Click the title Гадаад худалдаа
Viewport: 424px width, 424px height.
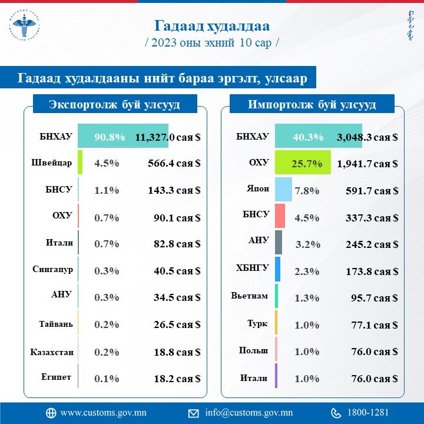pyautogui.click(x=211, y=26)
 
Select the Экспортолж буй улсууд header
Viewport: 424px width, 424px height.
pyautogui.click(x=114, y=105)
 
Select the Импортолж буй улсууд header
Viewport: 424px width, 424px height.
pyautogui.click(x=312, y=105)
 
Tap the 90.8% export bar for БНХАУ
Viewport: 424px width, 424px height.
pyautogui.click(x=122, y=137)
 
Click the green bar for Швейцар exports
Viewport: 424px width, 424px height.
pyautogui.click(x=79, y=163)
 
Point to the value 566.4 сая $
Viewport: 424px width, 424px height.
pyautogui.click(x=174, y=163)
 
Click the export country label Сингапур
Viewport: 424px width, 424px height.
pyautogui.click(x=53, y=269)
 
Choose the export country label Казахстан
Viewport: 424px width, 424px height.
pyautogui.click(x=52, y=352)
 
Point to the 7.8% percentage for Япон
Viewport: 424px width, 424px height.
pyautogui.click(x=306, y=190)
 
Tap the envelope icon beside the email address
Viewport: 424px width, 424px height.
pyautogui.click(x=193, y=413)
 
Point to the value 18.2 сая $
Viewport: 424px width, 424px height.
pyautogui.click(x=174, y=377)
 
